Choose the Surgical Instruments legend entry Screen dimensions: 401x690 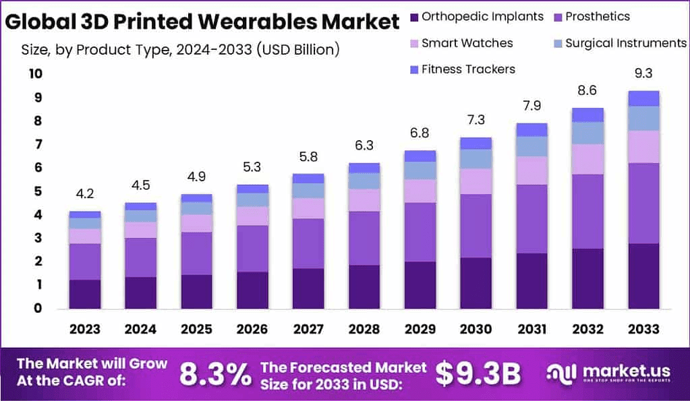[x=618, y=43]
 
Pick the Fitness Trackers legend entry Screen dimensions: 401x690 [x=462, y=69]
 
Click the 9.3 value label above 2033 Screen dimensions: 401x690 [x=643, y=73]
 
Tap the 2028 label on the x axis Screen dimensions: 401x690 [x=364, y=329]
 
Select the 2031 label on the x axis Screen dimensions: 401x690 [x=531, y=329]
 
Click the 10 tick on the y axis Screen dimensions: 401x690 [x=35, y=74]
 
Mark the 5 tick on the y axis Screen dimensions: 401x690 [x=38, y=191]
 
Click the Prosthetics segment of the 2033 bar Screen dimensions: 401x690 [x=643, y=203]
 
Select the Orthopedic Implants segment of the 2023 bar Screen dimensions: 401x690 [x=84, y=294]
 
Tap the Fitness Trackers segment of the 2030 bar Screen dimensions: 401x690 [x=476, y=143]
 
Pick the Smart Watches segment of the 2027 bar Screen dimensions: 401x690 [x=308, y=208]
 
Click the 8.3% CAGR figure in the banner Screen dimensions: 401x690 [x=215, y=374]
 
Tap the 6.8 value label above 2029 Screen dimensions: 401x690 [x=420, y=133]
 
